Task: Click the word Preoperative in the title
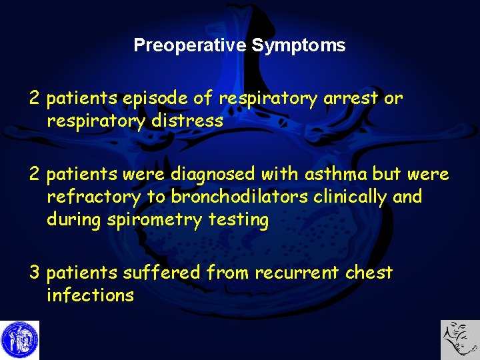pos(191,45)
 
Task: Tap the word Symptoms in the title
pos(299,45)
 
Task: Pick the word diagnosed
pos(213,175)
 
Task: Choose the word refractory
pos(93,197)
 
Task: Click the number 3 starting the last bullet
pos(35,273)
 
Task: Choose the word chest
pos(369,273)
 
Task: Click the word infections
pos(90,295)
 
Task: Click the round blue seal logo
pos(20,340)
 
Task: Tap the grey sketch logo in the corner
pos(460,340)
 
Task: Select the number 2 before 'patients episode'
pos(35,99)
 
